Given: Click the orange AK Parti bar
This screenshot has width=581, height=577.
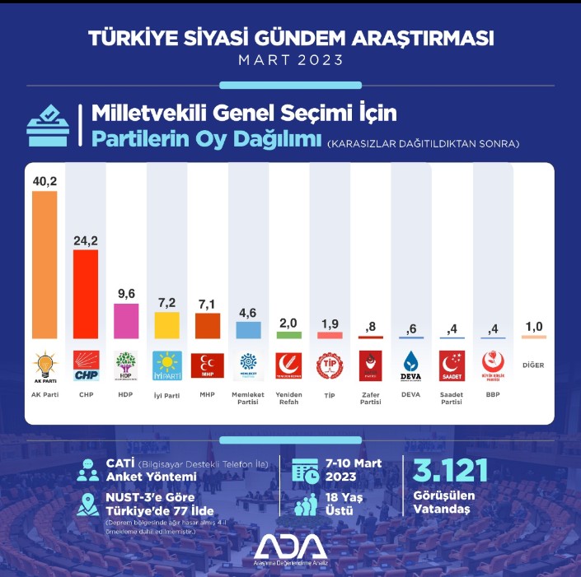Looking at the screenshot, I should [x=45, y=264].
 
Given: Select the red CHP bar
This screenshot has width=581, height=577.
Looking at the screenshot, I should [x=86, y=294].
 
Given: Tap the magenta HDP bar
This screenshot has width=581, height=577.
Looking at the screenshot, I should [x=126, y=320].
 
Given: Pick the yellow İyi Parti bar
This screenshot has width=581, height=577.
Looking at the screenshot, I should [x=166, y=325].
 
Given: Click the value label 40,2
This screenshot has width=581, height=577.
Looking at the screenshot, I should [x=45, y=179].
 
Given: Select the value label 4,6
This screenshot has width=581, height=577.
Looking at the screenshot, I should [x=247, y=311].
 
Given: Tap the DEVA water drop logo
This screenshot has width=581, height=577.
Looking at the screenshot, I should [x=410, y=364].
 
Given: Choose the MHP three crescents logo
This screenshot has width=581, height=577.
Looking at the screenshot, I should [x=207, y=365].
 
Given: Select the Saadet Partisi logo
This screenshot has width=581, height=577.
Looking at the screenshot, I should [x=451, y=365].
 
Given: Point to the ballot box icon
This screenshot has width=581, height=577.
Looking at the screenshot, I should [x=47, y=125].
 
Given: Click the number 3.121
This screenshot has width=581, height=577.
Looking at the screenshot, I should [x=449, y=471].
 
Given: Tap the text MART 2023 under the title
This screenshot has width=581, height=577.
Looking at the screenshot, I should [x=290, y=61].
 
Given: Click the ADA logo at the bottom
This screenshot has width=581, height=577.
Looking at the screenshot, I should [x=290, y=547].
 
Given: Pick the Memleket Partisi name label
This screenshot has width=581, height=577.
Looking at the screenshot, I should [x=247, y=398].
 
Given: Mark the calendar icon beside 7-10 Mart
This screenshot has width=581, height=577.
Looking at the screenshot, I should [x=306, y=472].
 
